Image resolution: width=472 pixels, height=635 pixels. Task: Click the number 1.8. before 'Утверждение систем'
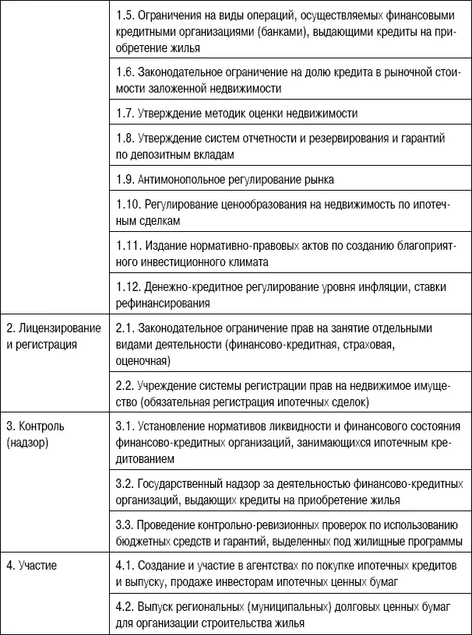click(x=125, y=139)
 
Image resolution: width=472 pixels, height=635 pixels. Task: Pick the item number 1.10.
click(x=127, y=206)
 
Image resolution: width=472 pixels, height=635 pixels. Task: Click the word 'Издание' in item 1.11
click(x=161, y=247)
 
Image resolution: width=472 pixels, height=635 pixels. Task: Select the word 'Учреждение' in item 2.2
click(x=167, y=387)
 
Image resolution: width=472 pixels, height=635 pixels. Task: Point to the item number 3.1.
click(x=125, y=426)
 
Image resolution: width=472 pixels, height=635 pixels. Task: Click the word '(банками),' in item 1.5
click(x=291, y=33)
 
